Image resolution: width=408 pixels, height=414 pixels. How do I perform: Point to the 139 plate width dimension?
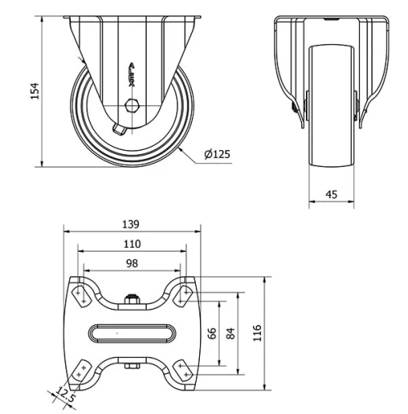(131, 223)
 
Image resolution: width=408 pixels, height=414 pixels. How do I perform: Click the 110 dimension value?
(131, 243)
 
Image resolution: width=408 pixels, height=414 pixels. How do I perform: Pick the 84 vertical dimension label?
(231, 334)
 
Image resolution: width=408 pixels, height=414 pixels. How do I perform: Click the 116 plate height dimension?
(257, 333)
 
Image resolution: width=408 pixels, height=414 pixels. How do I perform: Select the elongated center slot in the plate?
(132, 333)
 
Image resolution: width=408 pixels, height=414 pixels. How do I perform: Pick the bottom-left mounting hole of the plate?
(80, 372)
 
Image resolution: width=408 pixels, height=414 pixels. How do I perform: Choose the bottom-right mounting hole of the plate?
(184, 372)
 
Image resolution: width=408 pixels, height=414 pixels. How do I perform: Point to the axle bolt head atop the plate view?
(132, 298)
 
